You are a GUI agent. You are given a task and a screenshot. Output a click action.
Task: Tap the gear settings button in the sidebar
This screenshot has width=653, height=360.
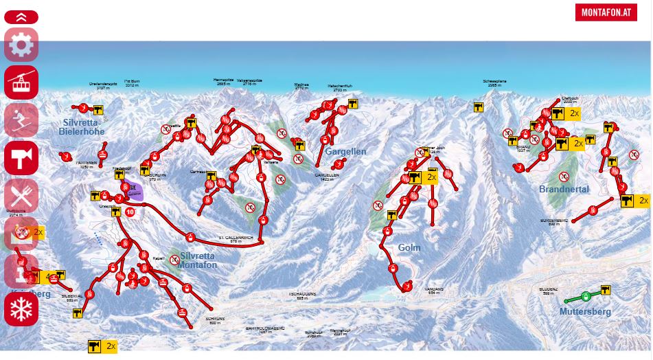tap(21, 45)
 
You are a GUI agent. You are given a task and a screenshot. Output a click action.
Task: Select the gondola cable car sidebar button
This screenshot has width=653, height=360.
tap(21, 82)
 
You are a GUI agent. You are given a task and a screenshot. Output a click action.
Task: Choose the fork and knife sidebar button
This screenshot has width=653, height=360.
tap(21, 195)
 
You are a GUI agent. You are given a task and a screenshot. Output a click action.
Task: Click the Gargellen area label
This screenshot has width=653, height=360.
tap(345, 151)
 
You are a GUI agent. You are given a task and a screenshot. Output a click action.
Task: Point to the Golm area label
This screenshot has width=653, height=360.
tap(409, 247)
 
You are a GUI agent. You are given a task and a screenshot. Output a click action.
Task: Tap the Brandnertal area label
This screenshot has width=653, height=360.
tap(564, 189)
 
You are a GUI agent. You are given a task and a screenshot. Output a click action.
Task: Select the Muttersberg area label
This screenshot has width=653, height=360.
tap(584, 311)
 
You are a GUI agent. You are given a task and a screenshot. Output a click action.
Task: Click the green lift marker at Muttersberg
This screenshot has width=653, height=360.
tap(585, 296)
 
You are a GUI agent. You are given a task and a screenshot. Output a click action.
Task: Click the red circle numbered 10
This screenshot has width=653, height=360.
tap(130, 212)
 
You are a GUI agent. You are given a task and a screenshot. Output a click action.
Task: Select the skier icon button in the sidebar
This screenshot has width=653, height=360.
tap(21, 120)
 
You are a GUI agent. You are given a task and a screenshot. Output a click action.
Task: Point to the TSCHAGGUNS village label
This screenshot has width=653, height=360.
tap(302, 294)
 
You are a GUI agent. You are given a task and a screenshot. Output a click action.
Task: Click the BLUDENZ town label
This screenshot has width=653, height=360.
tap(548, 290)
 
